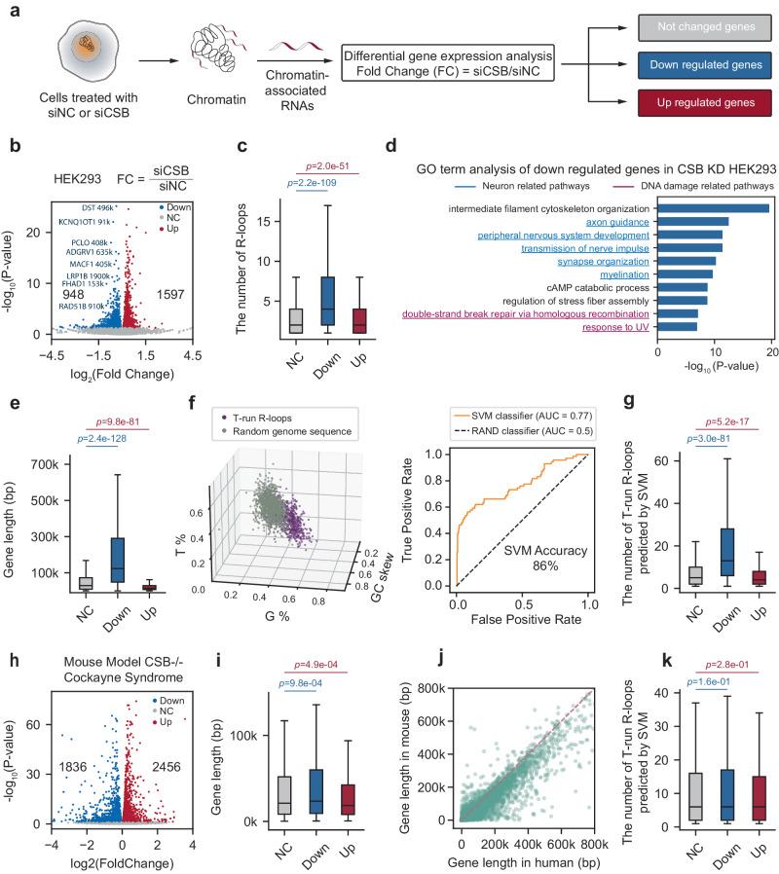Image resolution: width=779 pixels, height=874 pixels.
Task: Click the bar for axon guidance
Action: click(693, 222)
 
